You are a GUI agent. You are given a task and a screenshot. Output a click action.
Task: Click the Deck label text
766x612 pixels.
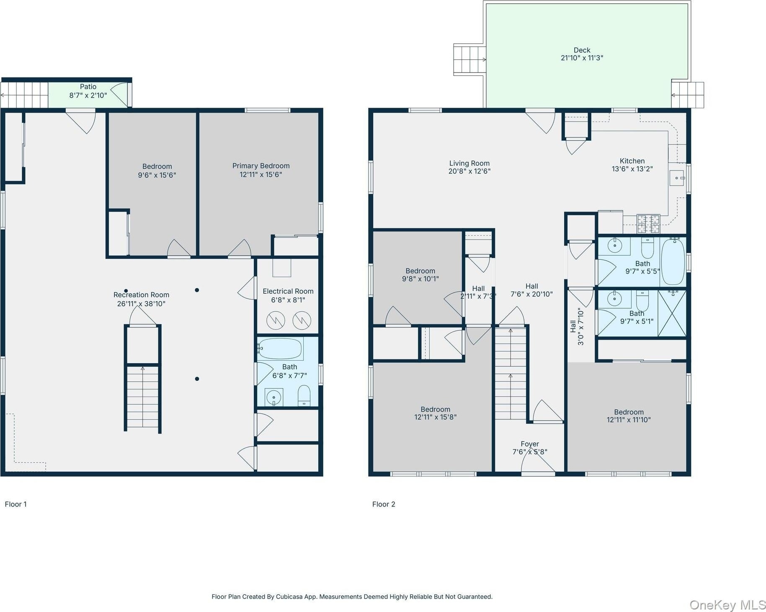(582, 50)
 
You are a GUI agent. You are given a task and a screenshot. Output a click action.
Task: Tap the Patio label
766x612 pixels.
(88, 87)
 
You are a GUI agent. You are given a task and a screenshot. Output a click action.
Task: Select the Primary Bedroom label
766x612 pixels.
(261, 166)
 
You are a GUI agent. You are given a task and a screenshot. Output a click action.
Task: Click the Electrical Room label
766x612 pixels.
(288, 291)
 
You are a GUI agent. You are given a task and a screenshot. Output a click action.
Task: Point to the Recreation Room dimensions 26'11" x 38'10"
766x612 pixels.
(141, 304)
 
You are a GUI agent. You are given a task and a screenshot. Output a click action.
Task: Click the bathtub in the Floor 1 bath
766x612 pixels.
(280, 349)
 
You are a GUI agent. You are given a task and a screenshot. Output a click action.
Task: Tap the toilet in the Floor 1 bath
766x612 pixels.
(304, 395)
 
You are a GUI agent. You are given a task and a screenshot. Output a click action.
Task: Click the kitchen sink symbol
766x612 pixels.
(676, 178)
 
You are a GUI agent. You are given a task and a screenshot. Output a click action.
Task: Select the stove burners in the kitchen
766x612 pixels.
(648, 224)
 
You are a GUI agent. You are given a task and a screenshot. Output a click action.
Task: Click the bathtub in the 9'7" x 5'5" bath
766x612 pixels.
(673, 262)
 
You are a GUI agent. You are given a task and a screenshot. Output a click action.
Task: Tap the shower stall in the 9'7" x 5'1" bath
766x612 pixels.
(672, 313)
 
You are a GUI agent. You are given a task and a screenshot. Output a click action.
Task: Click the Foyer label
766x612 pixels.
(530, 444)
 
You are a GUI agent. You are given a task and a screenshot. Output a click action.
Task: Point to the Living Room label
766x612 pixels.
(469, 163)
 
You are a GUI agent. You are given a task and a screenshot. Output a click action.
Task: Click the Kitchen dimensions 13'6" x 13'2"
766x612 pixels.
(632, 169)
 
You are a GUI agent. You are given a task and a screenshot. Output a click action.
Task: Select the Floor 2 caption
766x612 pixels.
(384, 504)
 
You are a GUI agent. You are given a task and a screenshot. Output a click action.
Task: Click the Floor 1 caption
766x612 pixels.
(15, 504)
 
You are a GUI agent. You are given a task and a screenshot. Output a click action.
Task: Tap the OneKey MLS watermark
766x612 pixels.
(727, 605)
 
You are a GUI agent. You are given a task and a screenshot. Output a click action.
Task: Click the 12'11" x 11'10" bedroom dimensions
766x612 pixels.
(629, 420)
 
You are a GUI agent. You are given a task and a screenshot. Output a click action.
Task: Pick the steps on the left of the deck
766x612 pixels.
(469, 59)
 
